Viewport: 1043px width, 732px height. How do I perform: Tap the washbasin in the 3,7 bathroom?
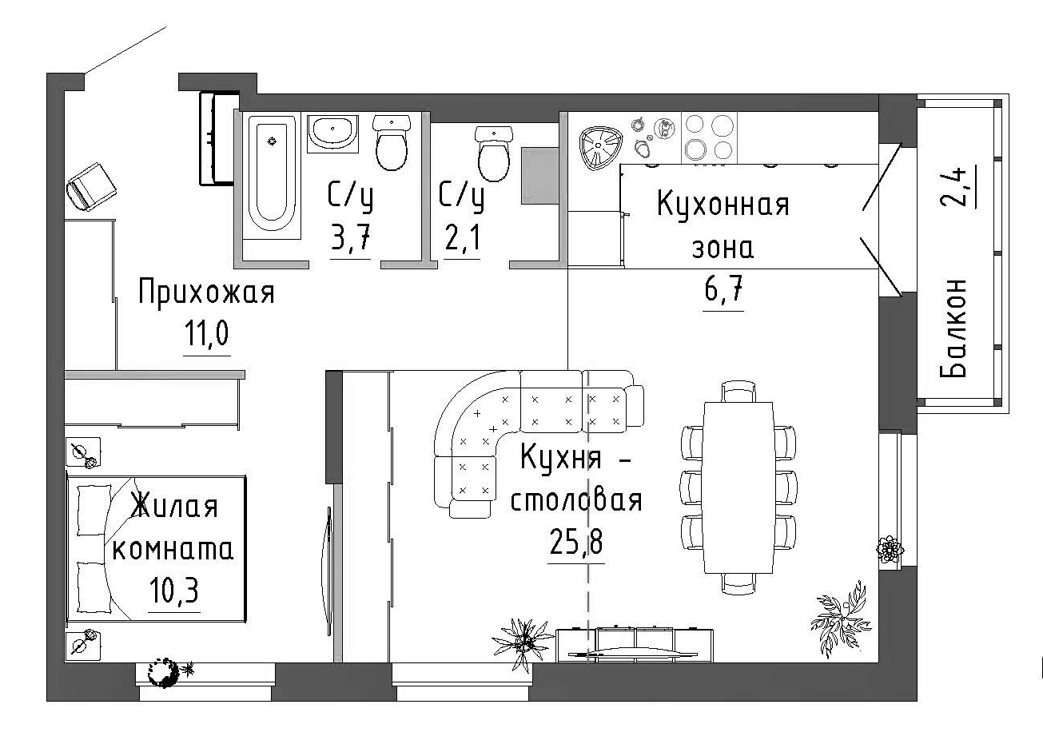(x=333, y=132)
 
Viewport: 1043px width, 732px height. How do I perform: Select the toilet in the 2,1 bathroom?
(x=493, y=153)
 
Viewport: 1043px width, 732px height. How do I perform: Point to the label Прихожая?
(x=206, y=293)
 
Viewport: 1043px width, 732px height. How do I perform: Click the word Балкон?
(x=955, y=328)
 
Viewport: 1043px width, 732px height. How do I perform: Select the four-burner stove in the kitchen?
(x=708, y=137)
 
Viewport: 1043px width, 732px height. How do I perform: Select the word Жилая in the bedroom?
(x=173, y=507)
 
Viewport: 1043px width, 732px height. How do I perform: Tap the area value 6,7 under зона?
(x=724, y=292)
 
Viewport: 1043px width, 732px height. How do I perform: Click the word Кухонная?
(x=723, y=205)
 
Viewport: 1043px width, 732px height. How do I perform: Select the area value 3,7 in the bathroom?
(x=351, y=239)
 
